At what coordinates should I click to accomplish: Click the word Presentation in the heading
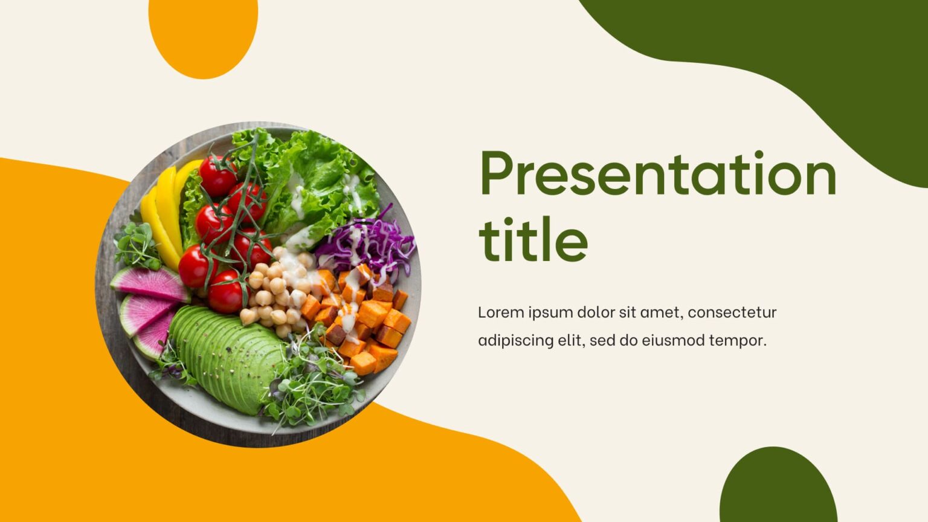(x=657, y=174)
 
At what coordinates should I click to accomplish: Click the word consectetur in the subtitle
(x=732, y=312)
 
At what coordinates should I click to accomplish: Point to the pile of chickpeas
(x=275, y=293)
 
